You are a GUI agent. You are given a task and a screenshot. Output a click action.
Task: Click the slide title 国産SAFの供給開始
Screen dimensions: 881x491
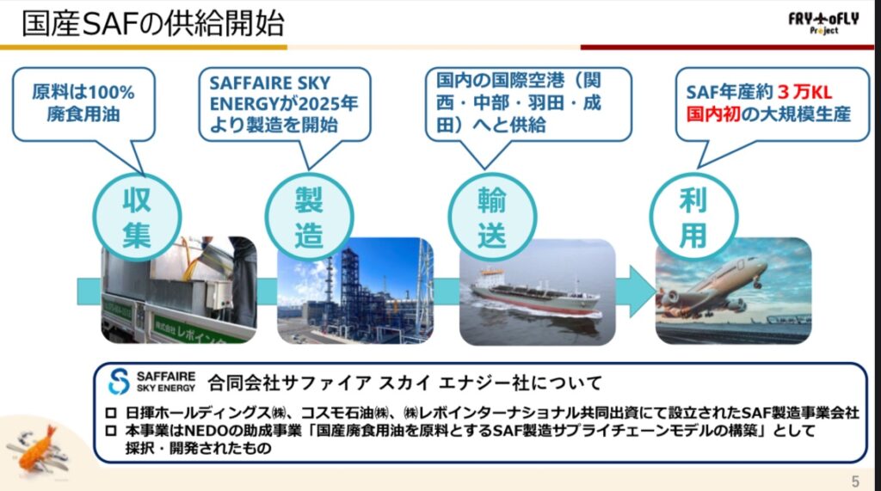(x=153, y=23)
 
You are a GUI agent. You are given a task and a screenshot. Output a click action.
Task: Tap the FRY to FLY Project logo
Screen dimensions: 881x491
(x=823, y=22)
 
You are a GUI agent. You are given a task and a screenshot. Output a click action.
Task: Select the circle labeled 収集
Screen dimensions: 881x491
(x=137, y=218)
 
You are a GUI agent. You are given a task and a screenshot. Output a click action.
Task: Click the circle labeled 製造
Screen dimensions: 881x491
(x=309, y=218)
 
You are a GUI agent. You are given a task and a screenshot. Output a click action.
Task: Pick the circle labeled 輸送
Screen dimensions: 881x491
(x=492, y=218)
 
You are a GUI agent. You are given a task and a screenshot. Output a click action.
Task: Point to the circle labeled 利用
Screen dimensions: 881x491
(x=693, y=218)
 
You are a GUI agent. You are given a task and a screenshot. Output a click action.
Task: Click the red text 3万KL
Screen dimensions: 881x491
(x=804, y=92)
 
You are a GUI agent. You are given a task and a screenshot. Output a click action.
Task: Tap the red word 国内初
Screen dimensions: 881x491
(x=712, y=114)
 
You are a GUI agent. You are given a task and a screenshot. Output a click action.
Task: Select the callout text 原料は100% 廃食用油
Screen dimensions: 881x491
(x=83, y=103)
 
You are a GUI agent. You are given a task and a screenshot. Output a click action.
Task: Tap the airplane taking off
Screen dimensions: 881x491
(x=713, y=287)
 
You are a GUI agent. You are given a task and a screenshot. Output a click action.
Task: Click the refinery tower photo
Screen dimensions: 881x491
(x=355, y=291)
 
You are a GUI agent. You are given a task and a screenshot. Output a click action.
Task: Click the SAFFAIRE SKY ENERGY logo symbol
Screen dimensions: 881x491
(x=119, y=382)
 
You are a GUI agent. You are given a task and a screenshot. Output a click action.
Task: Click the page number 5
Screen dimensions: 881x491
(x=855, y=482)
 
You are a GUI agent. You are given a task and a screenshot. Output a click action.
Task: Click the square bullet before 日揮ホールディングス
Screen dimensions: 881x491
(x=111, y=413)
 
